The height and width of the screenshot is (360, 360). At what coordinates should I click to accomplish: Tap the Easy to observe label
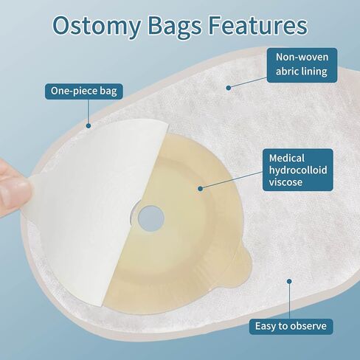point(291,325)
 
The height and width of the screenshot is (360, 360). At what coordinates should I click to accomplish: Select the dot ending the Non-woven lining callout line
point(229,87)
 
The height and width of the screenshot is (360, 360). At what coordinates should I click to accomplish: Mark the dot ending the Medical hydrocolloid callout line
point(200,188)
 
